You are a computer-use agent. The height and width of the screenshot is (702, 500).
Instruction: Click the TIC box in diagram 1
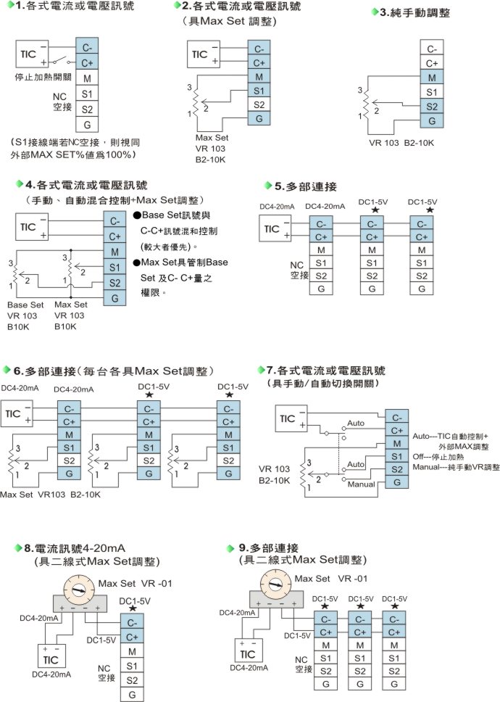click(29, 55)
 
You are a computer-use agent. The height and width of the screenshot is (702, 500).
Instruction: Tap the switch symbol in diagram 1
click(59, 63)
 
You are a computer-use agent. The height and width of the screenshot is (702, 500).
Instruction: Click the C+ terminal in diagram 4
click(115, 236)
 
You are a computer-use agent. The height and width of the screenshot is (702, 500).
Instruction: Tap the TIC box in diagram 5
click(272, 229)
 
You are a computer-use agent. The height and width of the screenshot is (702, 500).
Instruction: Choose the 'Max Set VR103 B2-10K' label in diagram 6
click(51, 494)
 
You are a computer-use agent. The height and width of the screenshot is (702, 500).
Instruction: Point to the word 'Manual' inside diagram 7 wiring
click(360, 482)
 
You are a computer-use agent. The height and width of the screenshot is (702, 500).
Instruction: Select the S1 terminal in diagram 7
click(396, 456)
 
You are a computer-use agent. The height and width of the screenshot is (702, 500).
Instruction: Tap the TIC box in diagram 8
click(51, 660)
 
